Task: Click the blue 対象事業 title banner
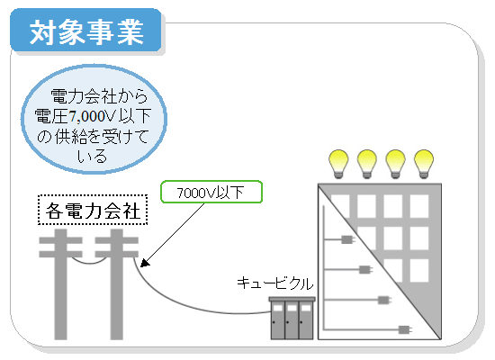pos(85,31)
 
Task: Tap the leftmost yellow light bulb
pos(338,164)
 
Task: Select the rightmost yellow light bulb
pos(424,164)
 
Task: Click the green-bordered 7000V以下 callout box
pos(211,192)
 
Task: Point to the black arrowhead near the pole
pos(145,263)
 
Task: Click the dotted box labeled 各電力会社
pos(93,210)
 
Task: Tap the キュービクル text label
pos(274,283)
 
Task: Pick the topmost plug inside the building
pos(348,239)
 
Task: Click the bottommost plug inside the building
pos(405,330)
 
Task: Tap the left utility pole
pos(60,284)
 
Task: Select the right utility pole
pos(117,284)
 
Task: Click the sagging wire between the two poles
pos(89,263)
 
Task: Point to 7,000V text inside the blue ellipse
pos(93,116)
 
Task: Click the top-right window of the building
pos(419,206)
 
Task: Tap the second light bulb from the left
pos(367,164)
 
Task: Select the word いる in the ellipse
pos(92,157)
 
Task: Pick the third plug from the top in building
pos(384,300)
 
